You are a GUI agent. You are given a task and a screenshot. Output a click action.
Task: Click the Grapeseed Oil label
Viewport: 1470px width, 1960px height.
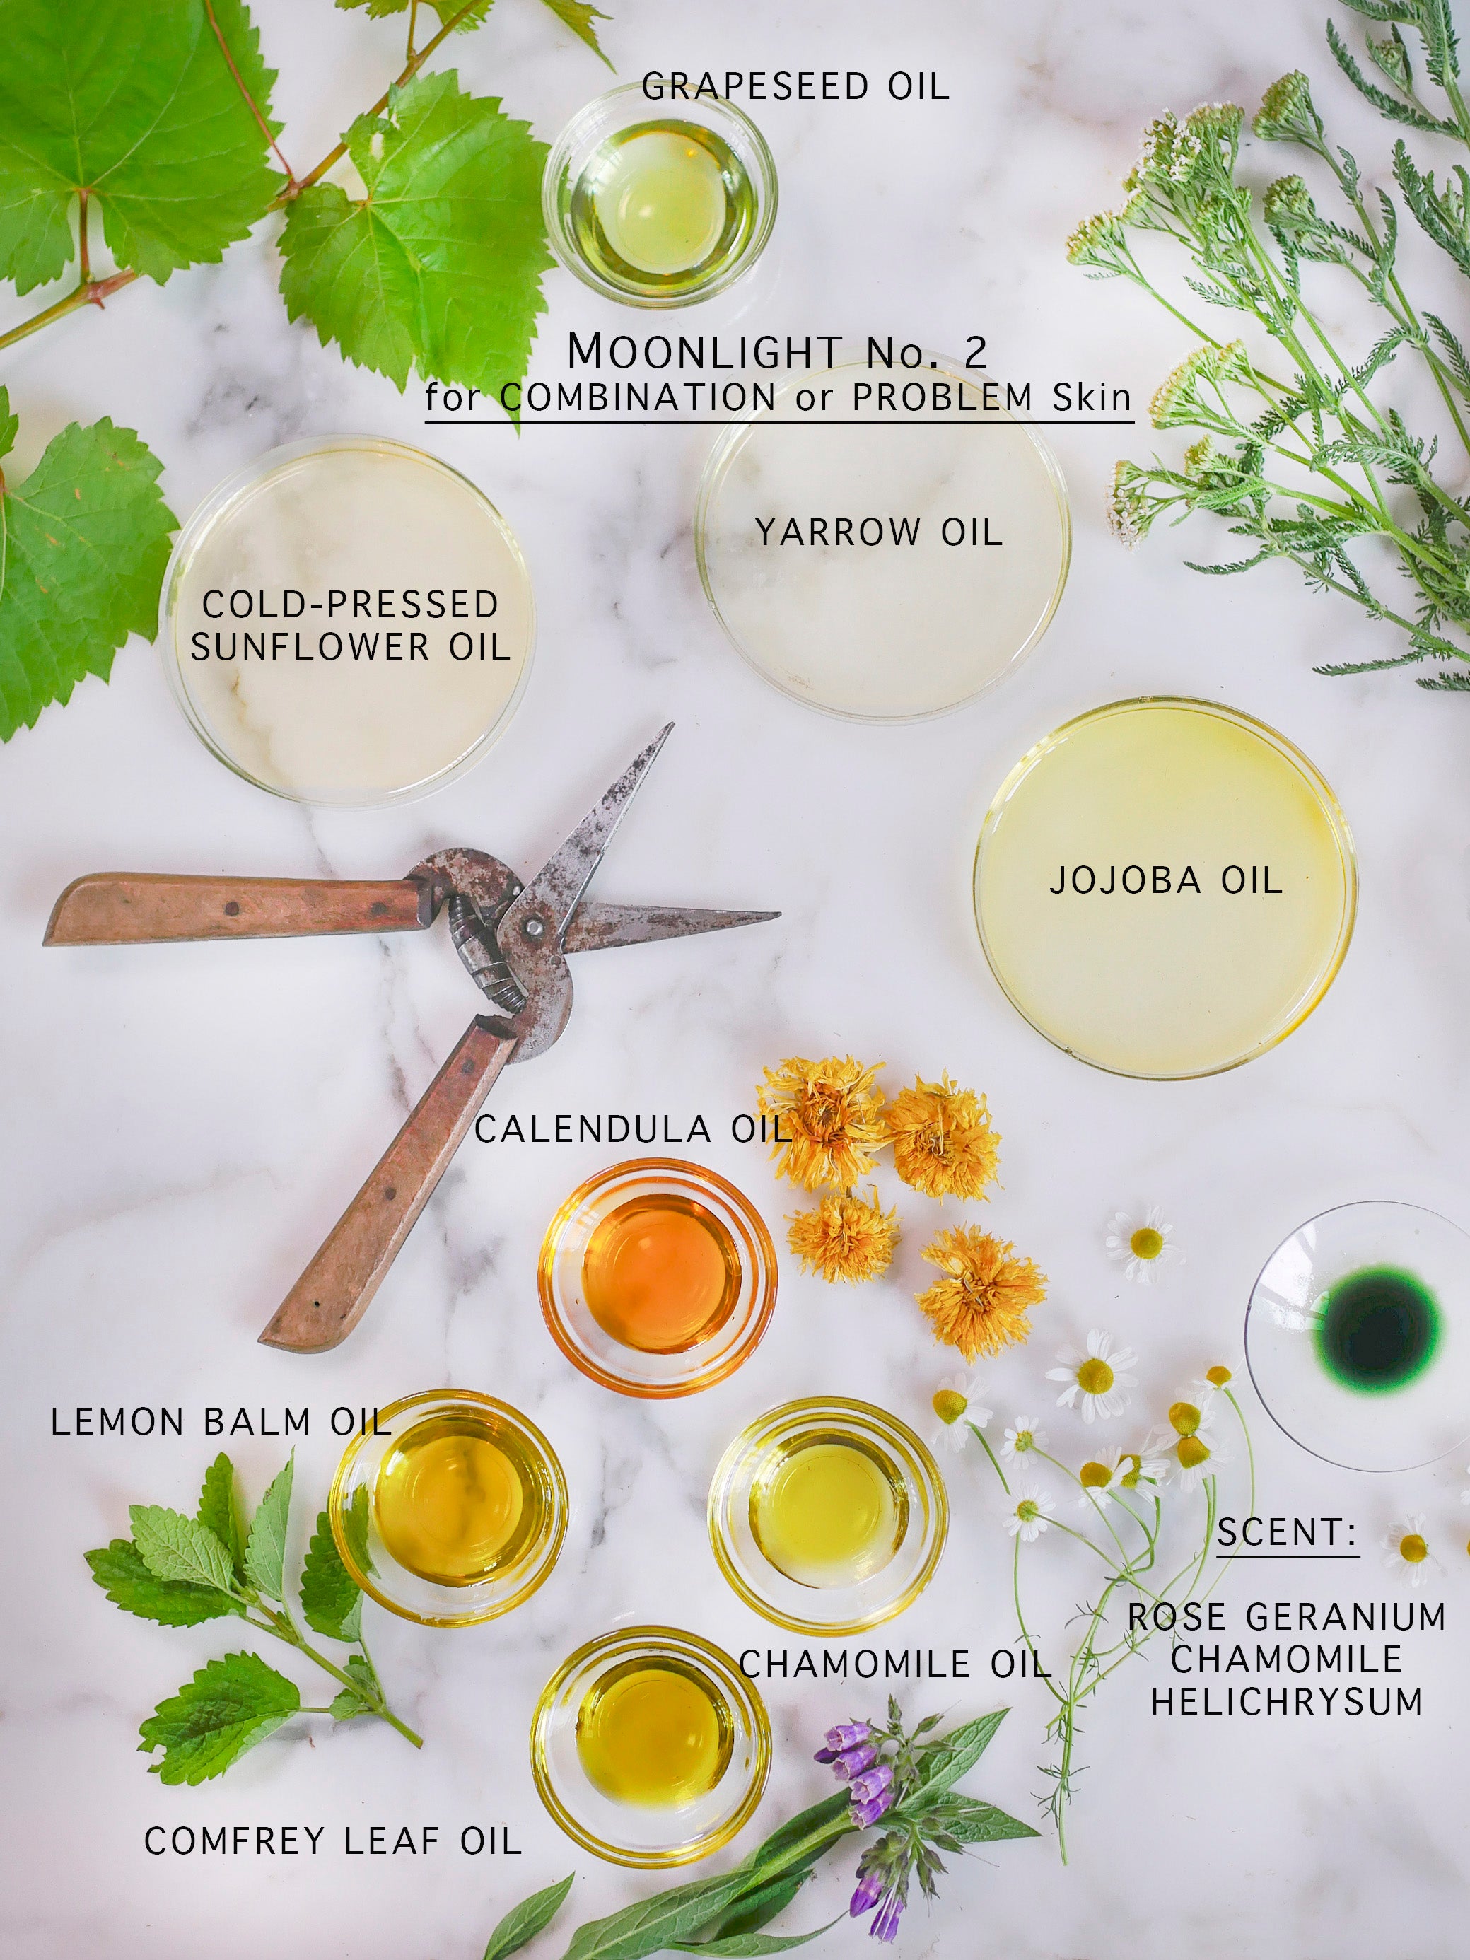(x=795, y=87)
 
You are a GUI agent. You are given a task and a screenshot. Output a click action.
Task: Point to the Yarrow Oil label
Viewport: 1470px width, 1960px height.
(x=878, y=532)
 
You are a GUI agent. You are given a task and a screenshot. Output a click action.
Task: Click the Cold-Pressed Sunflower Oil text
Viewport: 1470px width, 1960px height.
(x=350, y=626)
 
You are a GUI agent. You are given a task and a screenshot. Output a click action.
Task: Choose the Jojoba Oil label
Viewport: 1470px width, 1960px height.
(x=1166, y=881)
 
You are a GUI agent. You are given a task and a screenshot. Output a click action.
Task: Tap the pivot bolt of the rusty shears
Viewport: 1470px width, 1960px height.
(x=533, y=927)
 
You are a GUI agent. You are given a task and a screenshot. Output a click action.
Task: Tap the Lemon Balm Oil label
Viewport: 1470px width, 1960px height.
(x=221, y=1421)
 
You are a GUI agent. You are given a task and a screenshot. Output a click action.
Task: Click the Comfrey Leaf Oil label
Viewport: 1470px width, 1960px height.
(x=332, y=1841)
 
